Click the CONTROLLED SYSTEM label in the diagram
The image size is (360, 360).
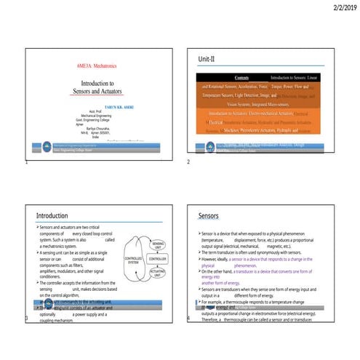click(x=134, y=259)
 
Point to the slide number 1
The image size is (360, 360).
click(x=25, y=162)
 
